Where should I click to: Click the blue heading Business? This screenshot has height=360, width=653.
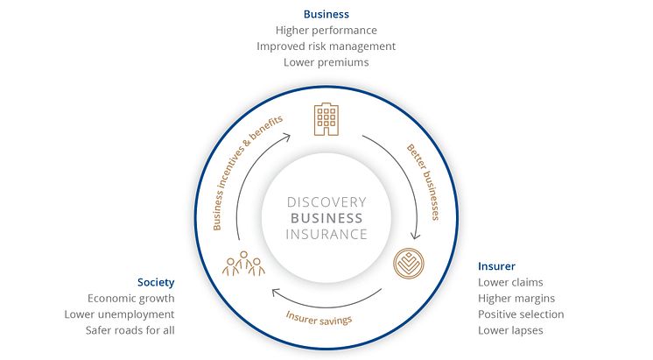tap(326, 14)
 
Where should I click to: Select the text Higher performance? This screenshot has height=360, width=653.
tap(326, 30)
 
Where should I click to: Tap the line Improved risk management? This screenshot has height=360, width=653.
tap(326, 46)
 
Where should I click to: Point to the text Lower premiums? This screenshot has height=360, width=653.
tap(326, 62)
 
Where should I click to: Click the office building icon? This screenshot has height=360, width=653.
tap(326, 121)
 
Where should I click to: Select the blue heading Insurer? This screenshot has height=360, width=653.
tap(496, 266)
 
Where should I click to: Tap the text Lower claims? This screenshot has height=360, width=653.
tap(510, 282)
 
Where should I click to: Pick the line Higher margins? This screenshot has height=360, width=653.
tap(516, 299)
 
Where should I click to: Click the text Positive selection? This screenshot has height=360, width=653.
tap(521, 314)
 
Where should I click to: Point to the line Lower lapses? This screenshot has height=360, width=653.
tap(510, 330)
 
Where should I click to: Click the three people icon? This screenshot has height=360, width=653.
tap(244, 263)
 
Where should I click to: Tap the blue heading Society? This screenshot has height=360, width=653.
tap(156, 283)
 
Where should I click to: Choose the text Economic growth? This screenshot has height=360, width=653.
tap(131, 299)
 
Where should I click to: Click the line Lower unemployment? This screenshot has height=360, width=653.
tap(120, 314)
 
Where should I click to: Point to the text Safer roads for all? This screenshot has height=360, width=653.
tap(130, 330)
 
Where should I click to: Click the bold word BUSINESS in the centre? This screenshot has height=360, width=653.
tap(326, 218)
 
